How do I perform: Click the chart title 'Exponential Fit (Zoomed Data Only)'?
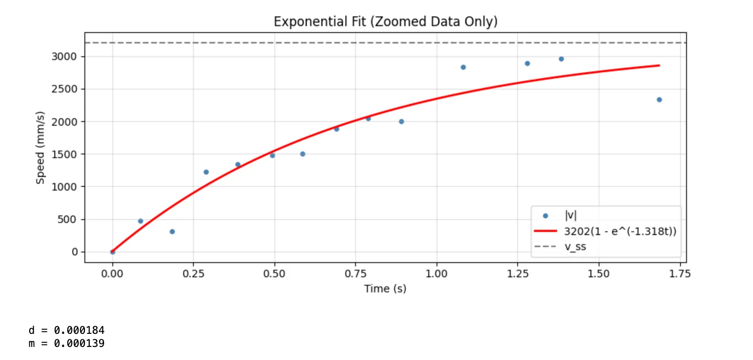click(386, 22)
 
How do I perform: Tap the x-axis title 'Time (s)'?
click(386, 289)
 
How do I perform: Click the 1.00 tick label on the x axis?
click(436, 274)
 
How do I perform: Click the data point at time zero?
click(113, 252)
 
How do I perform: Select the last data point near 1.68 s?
click(659, 100)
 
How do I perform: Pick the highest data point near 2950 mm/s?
click(561, 59)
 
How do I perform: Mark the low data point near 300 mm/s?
click(172, 232)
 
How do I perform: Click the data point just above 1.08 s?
click(463, 67)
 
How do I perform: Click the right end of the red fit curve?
click(658, 65)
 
